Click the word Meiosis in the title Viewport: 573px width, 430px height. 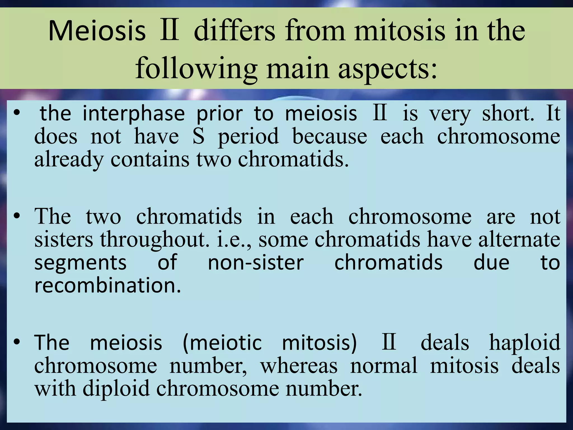pyautogui.click(x=97, y=31)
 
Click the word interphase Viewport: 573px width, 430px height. pyautogui.click(x=134, y=114)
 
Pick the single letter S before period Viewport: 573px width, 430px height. pyautogui.click(x=198, y=136)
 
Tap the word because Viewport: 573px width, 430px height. pyautogui.click(x=330, y=136)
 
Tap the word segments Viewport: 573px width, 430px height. pyautogui.click(x=80, y=263)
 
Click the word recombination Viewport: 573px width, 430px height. pyautogui.click(x=108, y=286)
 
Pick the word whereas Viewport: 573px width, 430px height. pyautogui.click(x=299, y=366)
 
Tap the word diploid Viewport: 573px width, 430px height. pyautogui.click(x=116, y=389)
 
